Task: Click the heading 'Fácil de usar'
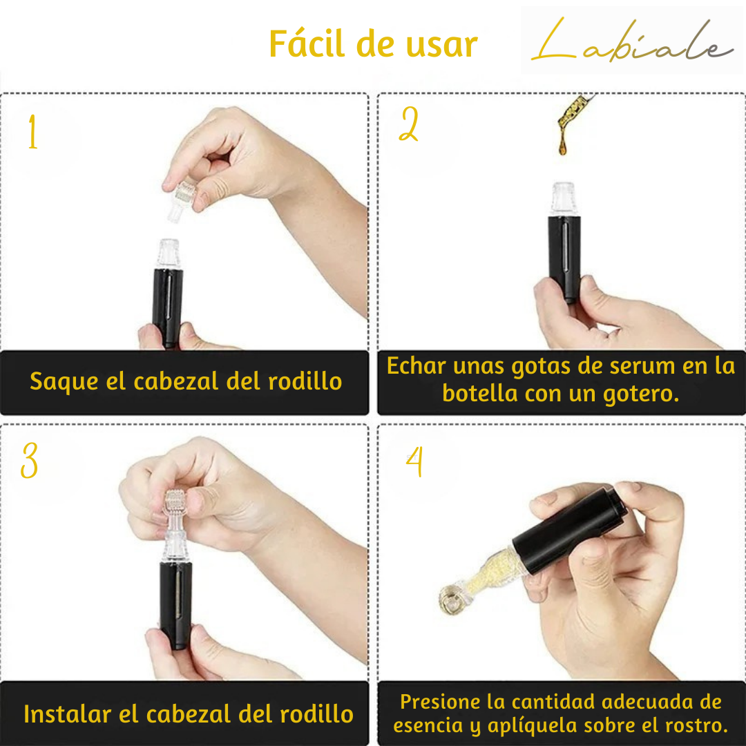pos(373,44)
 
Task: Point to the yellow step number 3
pos(30,461)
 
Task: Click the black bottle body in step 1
pos(168,304)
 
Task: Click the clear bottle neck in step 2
pos(564,199)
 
